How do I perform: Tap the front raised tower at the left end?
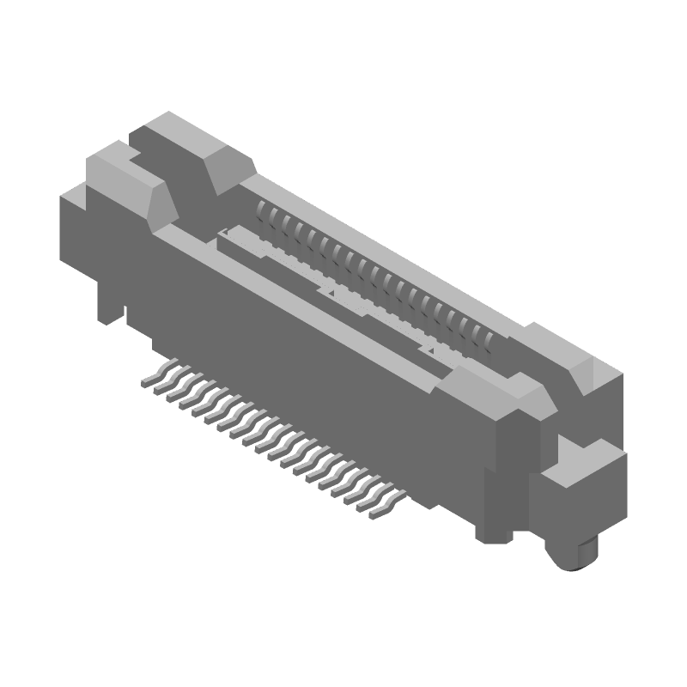pyautogui.click(x=120, y=167)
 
